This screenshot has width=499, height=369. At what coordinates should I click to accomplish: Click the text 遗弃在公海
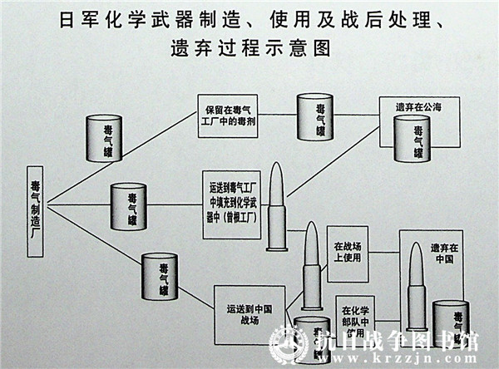pyautogui.click(x=418, y=107)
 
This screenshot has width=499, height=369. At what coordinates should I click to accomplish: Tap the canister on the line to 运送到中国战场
pyautogui.click(x=160, y=276)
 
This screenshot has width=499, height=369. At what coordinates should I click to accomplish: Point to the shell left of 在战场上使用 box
pyautogui.click(x=311, y=265)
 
